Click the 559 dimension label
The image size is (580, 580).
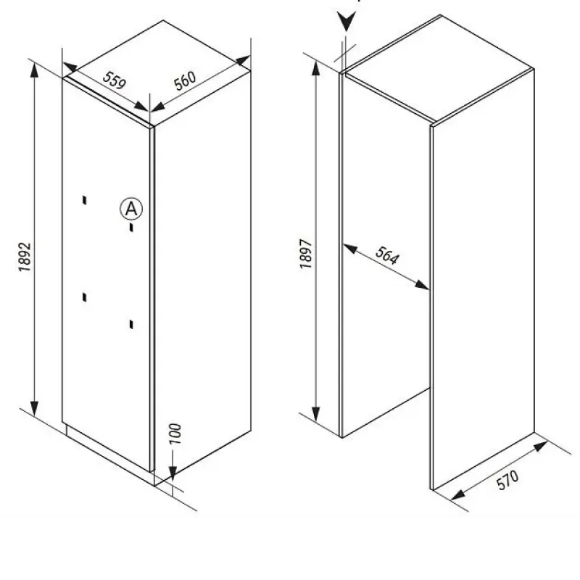point(115,80)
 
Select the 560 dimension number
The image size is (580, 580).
point(185,81)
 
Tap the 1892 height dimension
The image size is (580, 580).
point(25,257)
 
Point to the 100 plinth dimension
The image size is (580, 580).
point(175,434)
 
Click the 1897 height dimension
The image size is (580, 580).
point(306,254)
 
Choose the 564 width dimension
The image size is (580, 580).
point(387,255)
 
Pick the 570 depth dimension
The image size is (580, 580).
point(507,480)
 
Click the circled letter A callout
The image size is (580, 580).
point(131,210)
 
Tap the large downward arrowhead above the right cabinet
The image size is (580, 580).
point(347,21)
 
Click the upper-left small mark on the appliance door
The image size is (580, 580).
point(85,200)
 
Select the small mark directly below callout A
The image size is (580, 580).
point(131,228)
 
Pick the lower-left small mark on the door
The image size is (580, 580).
point(85,297)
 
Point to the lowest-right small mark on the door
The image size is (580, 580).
point(131,324)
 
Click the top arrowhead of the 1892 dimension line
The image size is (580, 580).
point(34,70)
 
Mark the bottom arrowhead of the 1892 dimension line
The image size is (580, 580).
point(34,408)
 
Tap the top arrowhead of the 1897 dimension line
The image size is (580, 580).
point(315,68)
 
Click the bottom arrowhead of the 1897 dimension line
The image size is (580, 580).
point(315,414)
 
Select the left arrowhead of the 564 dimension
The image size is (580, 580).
point(350,249)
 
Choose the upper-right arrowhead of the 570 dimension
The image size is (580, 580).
point(540,446)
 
